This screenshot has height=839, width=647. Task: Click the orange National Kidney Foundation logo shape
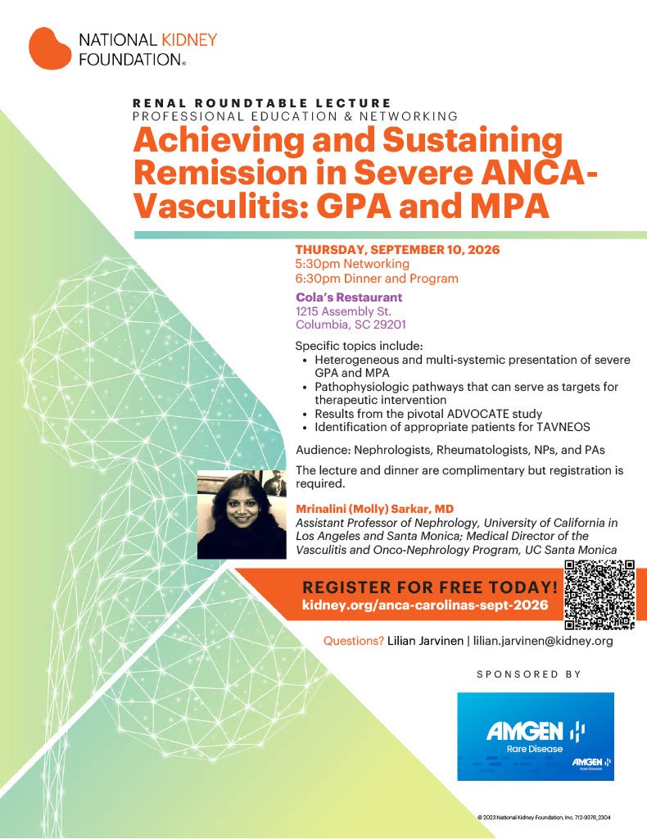coord(52,48)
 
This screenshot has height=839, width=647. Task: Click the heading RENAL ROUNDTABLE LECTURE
coord(261,103)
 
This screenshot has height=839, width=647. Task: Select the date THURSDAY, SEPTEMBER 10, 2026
coord(397,250)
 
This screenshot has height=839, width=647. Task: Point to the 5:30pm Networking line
coord(351,265)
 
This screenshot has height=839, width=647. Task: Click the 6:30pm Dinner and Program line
coord(376,279)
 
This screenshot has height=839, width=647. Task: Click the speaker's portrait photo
coord(242,514)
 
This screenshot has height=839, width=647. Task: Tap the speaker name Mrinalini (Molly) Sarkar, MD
coord(379,509)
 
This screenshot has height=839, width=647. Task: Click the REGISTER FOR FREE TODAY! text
coord(430,587)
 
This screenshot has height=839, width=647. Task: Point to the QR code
coord(600,594)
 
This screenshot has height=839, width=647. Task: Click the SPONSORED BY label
coord(528,674)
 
